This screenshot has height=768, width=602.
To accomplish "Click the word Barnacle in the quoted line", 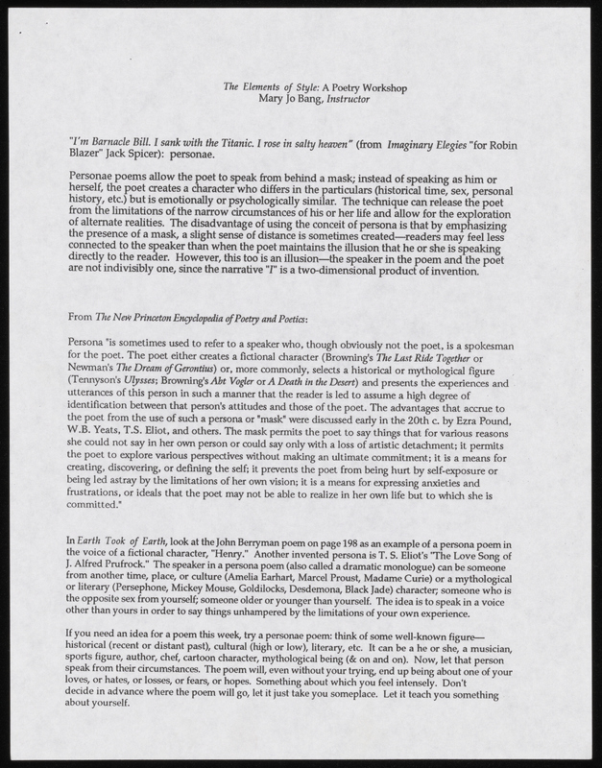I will [x=115, y=141].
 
